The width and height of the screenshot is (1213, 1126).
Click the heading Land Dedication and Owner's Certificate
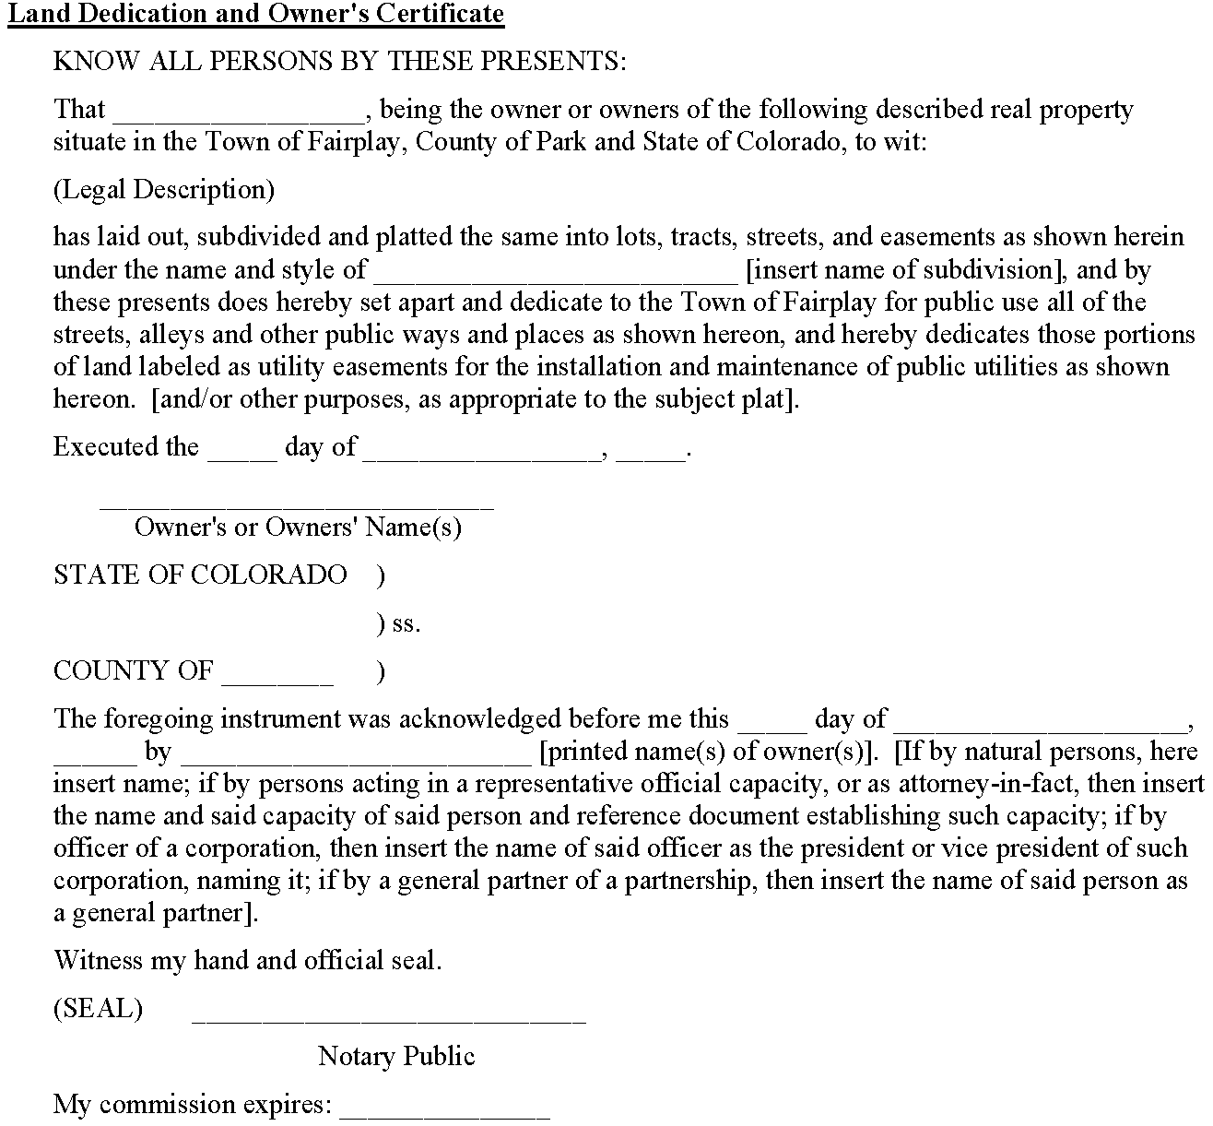coord(256,15)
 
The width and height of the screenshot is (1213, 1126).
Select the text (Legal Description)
coord(164,190)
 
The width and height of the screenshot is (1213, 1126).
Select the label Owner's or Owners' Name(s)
coord(298,527)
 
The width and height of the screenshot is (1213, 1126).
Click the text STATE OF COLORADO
coord(200,575)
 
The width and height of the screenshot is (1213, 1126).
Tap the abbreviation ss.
coord(406,623)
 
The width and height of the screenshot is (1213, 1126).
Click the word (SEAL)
coord(99,1008)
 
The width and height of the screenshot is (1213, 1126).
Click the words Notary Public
coord(396,1056)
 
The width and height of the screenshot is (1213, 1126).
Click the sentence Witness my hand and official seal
coord(248,960)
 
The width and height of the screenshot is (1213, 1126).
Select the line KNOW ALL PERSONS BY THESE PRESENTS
coord(339,62)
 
